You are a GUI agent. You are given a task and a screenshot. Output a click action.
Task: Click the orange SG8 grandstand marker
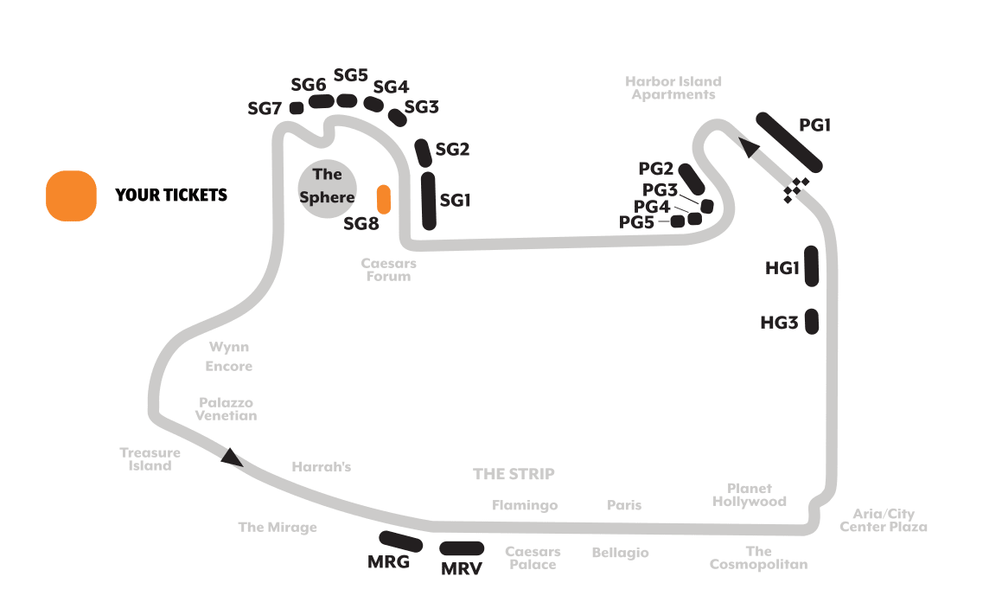click(x=383, y=200)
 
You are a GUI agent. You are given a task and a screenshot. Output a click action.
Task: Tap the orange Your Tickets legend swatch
click(x=71, y=195)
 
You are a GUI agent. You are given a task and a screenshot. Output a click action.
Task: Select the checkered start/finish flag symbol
click(x=795, y=190)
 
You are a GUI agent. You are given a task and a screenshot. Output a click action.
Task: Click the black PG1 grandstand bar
click(x=788, y=142)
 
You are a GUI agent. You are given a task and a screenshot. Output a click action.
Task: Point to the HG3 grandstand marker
click(x=812, y=322)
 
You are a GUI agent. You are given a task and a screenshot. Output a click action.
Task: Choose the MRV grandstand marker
click(x=462, y=548)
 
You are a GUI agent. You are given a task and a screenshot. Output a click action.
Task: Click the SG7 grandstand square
click(x=297, y=108)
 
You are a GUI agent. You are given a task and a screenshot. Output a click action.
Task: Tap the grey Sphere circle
click(x=327, y=189)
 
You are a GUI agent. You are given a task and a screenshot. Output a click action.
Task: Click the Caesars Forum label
click(x=388, y=270)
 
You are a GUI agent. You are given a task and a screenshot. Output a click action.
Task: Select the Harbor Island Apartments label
click(x=673, y=88)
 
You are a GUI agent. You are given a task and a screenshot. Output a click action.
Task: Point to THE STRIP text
click(x=514, y=474)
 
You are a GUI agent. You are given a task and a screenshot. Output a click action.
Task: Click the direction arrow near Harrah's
click(x=231, y=458)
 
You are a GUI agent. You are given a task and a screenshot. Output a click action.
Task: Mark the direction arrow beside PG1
click(x=749, y=147)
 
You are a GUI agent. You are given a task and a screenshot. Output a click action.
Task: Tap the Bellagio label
click(x=620, y=553)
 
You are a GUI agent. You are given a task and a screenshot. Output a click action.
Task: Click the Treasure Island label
click(x=150, y=459)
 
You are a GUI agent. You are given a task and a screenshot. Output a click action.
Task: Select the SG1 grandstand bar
click(x=429, y=201)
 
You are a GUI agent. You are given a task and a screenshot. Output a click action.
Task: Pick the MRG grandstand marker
click(x=400, y=541)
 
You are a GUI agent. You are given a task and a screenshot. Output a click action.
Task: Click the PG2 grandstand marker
click(x=692, y=180)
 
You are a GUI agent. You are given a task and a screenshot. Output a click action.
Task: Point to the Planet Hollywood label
click(x=750, y=495)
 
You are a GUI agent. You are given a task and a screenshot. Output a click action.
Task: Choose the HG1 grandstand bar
click(x=812, y=266)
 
